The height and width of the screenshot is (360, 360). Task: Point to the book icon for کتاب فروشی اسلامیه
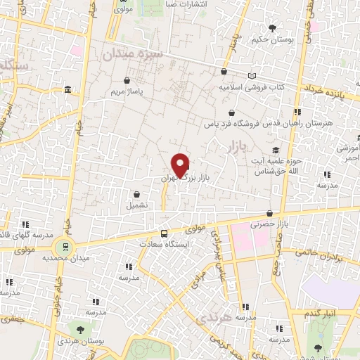(x=252, y=75)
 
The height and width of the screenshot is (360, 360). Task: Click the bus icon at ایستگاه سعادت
(x=164, y=233)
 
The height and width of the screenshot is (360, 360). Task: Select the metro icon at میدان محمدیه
(x=65, y=246)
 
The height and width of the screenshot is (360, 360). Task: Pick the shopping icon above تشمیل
(x=136, y=194)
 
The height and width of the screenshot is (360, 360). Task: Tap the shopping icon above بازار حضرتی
(x=271, y=213)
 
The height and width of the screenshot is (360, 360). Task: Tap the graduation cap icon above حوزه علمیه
(x=275, y=150)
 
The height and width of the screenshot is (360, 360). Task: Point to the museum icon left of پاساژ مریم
(x=67, y=90)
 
